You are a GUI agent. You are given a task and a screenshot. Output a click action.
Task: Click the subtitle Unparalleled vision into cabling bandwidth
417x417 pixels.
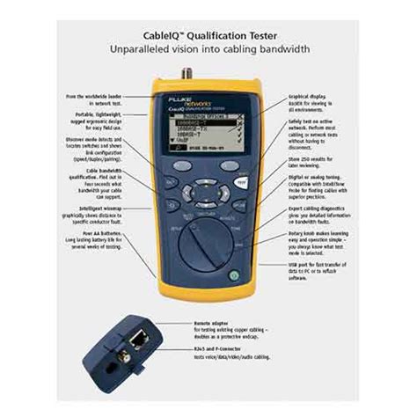(208, 50)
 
